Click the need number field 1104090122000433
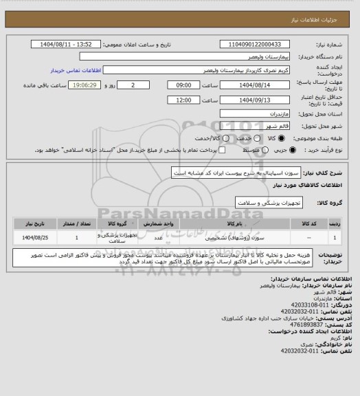tap(250, 45)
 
